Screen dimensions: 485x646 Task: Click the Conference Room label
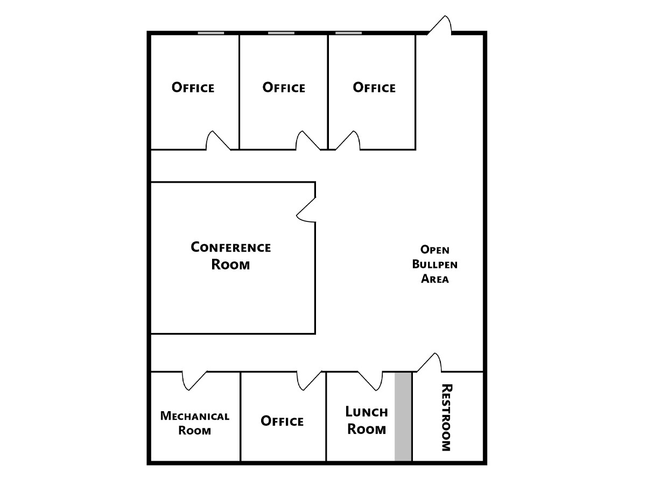point(231,256)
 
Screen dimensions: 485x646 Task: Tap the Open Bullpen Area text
point(434,264)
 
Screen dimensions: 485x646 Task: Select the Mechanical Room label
point(195,423)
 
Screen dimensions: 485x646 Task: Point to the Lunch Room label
point(366,420)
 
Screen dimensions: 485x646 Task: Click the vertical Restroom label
point(446,417)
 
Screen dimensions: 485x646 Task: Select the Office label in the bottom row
point(282,421)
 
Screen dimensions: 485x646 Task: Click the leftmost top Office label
point(193,87)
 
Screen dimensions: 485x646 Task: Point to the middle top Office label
point(284,87)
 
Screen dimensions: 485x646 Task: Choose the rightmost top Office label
point(374,87)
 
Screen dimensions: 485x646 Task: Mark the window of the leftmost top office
point(210,33)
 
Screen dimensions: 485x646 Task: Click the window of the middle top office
point(281,33)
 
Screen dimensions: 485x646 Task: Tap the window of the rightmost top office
point(348,33)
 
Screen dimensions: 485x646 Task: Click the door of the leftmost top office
point(219,141)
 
